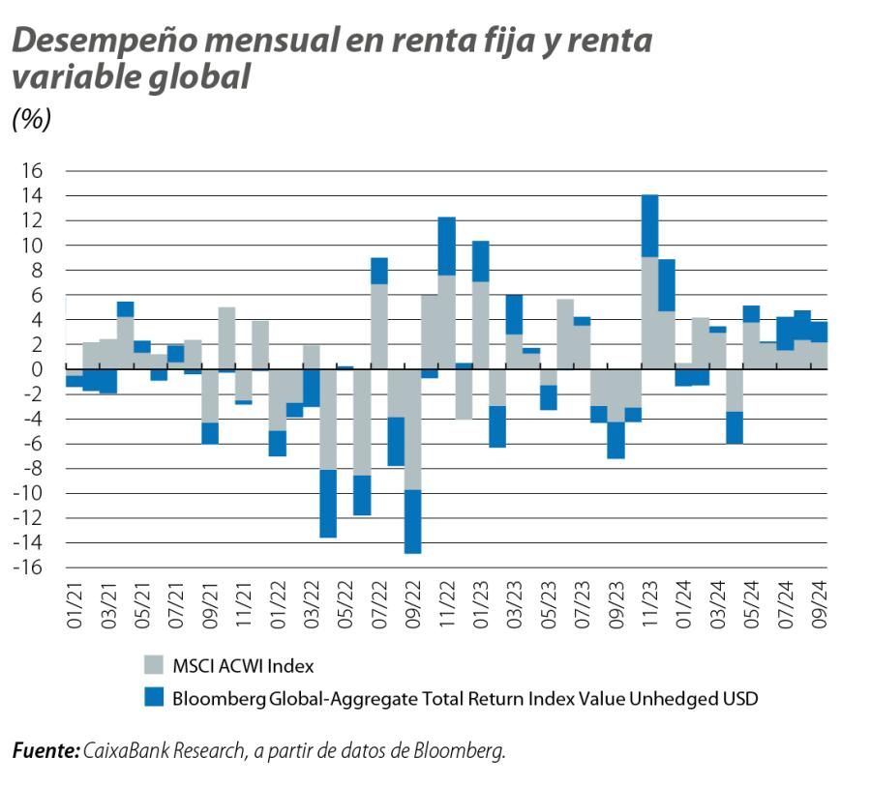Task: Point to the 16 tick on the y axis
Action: pos(32,171)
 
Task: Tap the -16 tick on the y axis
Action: pos(28,567)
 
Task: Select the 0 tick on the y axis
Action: pos(38,369)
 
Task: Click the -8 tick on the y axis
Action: pos(32,468)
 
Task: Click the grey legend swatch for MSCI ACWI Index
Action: pos(155,665)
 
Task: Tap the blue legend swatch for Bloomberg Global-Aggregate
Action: pos(155,697)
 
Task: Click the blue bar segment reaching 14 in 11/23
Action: pos(650,225)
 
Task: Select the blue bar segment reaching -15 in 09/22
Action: pos(413,521)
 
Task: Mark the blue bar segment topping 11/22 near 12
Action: pos(447,246)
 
